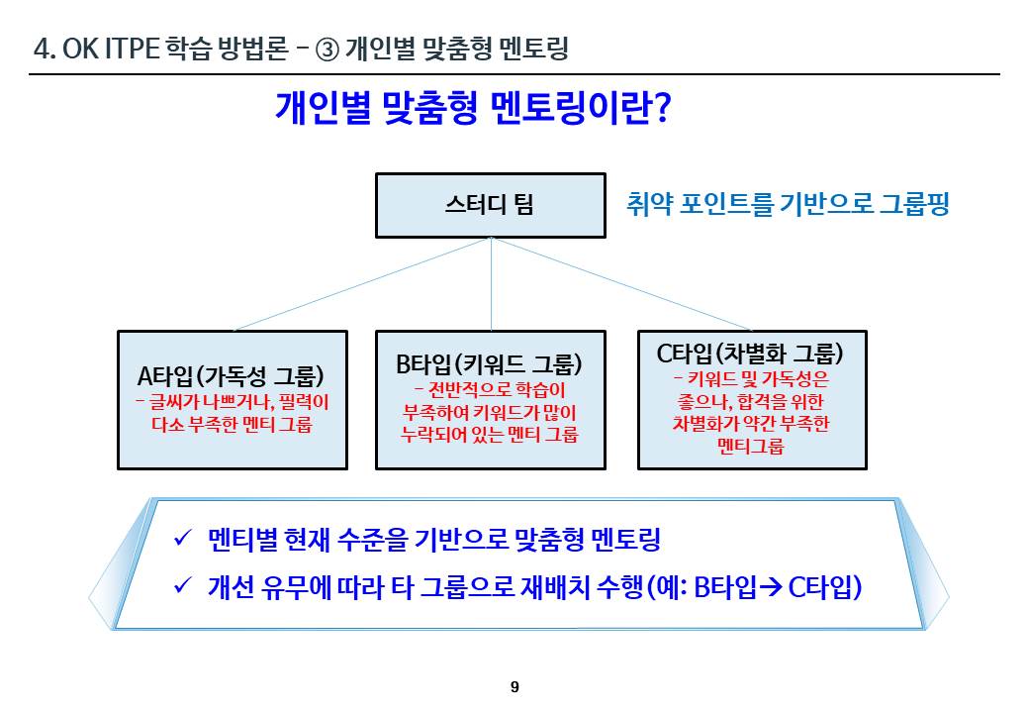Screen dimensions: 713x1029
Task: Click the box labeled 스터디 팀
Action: pyautogui.click(x=490, y=206)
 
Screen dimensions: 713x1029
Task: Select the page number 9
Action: pyautogui.click(x=514, y=687)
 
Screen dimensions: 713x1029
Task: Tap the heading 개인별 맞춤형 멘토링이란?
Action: pyautogui.click(x=473, y=108)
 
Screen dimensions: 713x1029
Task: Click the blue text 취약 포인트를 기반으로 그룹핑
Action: pyautogui.click(x=788, y=205)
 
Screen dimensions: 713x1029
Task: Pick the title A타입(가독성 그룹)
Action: pyautogui.click(x=232, y=376)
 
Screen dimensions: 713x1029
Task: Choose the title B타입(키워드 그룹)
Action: pyautogui.click(x=490, y=363)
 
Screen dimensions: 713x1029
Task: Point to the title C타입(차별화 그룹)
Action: pyautogui.click(x=750, y=353)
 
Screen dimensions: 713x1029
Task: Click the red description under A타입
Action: pyautogui.click(x=232, y=414)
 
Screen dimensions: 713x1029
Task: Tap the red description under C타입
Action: pyautogui.click(x=750, y=412)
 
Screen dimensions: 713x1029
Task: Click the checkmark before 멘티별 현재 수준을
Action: pyautogui.click(x=182, y=539)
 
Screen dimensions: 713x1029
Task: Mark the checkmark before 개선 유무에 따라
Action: pyautogui.click(x=182, y=586)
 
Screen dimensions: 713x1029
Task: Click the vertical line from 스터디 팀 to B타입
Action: pyautogui.click(x=492, y=287)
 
